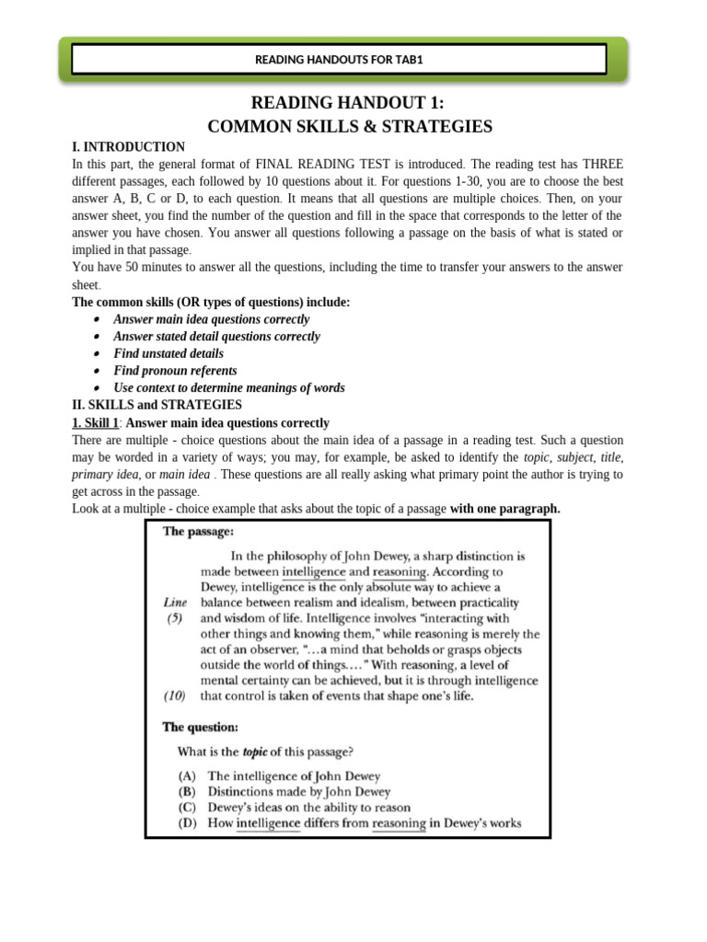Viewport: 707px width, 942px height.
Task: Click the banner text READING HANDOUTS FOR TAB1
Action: pos(338,61)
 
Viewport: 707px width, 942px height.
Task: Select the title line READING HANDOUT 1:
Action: pos(350,103)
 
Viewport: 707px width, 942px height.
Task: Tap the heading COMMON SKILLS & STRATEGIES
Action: pos(350,127)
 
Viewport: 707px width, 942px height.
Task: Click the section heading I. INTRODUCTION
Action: pos(128,147)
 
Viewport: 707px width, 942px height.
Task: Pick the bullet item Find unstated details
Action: pos(168,353)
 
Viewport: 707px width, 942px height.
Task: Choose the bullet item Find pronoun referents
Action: pos(175,371)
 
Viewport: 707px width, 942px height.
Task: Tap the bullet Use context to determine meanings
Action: pos(229,388)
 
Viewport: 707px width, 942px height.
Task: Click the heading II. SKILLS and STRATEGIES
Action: pos(156,405)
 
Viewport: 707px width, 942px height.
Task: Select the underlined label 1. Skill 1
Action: pos(95,423)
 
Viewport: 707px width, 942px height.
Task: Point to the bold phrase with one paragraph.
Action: pos(504,509)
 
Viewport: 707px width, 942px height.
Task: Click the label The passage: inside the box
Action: pos(197,532)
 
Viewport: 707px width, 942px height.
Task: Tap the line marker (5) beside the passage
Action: pos(174,618)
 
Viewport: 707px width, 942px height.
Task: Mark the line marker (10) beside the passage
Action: pos(176,696)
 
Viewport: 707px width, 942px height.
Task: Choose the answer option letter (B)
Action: pos(187,792)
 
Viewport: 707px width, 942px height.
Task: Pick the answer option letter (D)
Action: pos(187,823)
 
